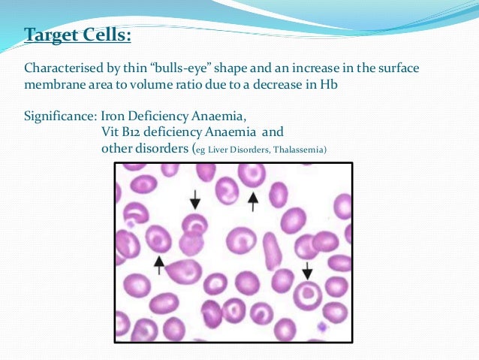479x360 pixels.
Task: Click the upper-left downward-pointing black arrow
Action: (x=195, y=199)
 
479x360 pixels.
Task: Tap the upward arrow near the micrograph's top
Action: (x=253, y=201)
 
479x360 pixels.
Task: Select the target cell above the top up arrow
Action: (x=252, y=174)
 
